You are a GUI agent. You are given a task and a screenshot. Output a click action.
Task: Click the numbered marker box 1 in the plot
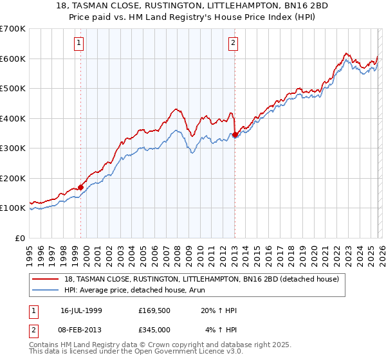[78, 43]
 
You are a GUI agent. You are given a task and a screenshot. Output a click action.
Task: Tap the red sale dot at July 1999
[81, 187]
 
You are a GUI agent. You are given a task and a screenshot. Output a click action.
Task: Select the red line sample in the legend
[47, 278]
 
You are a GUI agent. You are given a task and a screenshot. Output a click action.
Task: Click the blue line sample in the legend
[47, 290]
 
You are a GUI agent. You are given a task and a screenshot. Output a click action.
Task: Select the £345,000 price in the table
[157, 330]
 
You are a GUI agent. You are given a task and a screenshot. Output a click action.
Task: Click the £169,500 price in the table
[157, 310]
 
